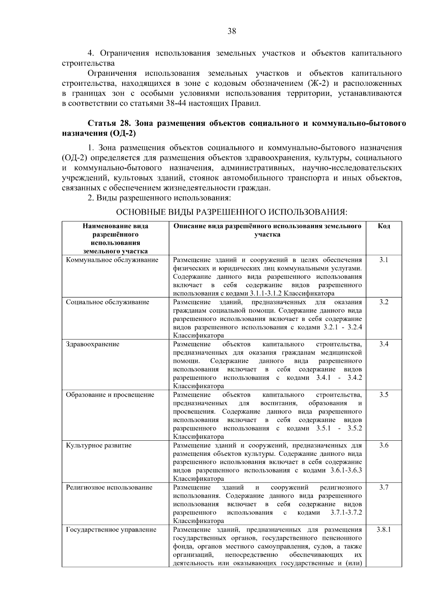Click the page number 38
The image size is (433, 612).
[232, 31]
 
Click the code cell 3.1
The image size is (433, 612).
[384, 260]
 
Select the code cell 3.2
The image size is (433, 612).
[384, 302]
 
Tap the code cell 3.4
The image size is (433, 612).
[384, 344]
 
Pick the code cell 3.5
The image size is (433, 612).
[384, 395]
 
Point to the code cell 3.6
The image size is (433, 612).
[384, 445]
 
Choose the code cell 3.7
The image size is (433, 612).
[384, 488]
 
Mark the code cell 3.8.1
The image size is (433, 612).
[384, 530]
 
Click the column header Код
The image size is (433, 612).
[384, 226]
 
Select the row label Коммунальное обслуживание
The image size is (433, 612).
[112, 260]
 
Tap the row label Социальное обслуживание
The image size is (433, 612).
[108, 302]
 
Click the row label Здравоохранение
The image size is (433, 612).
[92, 344]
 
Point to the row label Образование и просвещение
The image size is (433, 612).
[110, 395]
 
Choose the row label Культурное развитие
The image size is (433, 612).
[99, 445]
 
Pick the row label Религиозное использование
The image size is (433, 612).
[109, 488]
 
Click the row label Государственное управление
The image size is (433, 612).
[111, 530]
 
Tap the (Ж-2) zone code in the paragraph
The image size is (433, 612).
[318, 84]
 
